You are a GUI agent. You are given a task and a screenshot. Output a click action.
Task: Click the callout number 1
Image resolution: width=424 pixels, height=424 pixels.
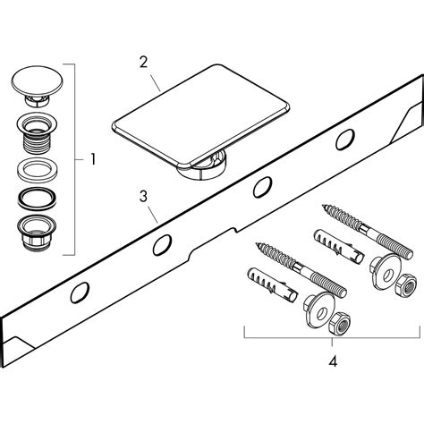coord(93,159)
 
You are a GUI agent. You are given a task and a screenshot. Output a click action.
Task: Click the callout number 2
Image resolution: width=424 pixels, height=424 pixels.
coord(143,62)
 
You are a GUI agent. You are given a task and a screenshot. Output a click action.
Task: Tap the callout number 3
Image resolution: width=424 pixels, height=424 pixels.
coord(143,197)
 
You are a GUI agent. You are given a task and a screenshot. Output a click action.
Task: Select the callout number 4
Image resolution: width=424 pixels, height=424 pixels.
coord(333,361)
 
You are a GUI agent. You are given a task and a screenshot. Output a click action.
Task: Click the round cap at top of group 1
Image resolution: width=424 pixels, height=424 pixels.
coord(38,85)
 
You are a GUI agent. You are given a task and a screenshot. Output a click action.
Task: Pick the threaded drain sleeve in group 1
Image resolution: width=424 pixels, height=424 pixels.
coord(37,133)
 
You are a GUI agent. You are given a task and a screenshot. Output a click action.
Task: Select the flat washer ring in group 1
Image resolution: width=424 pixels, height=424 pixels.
coord(38,171)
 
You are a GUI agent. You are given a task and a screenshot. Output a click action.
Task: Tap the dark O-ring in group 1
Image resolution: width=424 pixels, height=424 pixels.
coord(38,199)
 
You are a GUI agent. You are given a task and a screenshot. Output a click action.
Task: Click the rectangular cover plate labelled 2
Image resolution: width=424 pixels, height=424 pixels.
coord(200,114)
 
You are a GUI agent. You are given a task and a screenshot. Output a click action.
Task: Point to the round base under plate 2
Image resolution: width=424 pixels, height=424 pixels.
coord(203,168)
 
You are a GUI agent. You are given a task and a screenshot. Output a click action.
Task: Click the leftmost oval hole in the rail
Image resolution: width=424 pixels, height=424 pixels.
coord(80,293)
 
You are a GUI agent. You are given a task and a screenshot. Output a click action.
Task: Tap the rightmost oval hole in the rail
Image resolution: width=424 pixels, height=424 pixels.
coord(345,140)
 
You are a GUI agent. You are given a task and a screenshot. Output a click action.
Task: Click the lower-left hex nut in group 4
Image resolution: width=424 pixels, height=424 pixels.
coord(339,324)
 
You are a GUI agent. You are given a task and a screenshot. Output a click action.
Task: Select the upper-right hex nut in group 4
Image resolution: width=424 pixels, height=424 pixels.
coord(406,284)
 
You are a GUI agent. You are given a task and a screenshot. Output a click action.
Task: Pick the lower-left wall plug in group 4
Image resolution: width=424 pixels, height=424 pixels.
coord(272,284)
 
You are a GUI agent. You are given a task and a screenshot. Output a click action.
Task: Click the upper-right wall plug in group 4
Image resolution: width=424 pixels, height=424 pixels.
coord(339,245)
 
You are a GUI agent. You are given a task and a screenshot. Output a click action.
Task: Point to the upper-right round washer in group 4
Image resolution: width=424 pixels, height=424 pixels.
coord(386,270)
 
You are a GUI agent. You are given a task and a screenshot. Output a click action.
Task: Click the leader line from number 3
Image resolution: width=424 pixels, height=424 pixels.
coord(153,215)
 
